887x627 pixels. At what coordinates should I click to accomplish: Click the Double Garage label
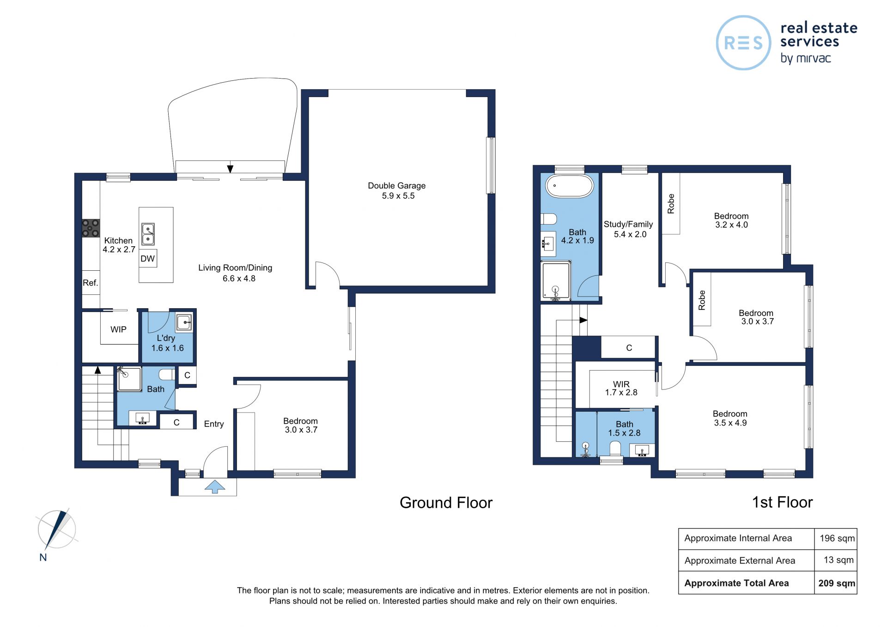(397, 190)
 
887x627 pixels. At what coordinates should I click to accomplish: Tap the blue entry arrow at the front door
(215, 487)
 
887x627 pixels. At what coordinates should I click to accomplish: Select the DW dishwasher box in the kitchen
(148, 258)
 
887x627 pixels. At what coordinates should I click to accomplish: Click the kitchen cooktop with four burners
(91, 228)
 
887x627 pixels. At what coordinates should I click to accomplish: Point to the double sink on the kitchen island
(148, 234)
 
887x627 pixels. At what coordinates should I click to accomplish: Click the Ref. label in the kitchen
(91, 283)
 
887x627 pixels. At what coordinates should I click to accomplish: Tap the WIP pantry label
(118, 329)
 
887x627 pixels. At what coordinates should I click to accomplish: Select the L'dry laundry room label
(167, 343)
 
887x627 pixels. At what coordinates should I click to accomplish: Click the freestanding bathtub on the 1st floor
(569, 186)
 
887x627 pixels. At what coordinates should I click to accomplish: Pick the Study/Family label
(628, 229)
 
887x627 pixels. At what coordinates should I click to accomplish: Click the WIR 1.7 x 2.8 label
(621, 388)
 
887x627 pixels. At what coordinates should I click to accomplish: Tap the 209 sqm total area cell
(837, 583)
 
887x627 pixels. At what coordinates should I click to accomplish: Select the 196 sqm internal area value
(837, 538)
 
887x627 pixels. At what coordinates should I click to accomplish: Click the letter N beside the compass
(43, 557)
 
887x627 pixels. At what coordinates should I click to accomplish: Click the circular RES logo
(743, 43)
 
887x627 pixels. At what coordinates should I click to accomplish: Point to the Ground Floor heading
(446, 503)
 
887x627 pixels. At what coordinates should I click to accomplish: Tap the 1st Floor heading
(782, 502)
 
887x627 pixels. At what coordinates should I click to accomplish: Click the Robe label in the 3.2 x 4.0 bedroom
(671, 204)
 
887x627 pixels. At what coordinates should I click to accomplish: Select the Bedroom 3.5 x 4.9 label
(730, 418)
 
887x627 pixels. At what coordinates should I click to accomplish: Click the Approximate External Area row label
(740, 560)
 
